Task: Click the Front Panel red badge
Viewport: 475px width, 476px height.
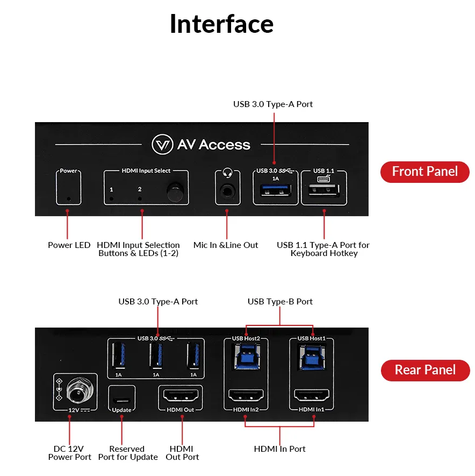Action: click(424, 172)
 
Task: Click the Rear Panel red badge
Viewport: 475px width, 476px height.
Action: click(425, 370)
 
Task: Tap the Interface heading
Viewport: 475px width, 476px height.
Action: click(221, 24)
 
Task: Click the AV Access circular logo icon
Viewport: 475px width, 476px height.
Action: click(162, 144)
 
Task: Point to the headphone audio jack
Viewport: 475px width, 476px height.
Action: click(227, 190)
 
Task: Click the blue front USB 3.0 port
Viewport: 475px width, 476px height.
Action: click(275, 191)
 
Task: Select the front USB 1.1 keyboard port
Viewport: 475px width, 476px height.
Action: click(323, 191)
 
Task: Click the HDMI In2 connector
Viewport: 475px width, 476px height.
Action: click(246, 396)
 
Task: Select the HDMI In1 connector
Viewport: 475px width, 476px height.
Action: click(312, 396)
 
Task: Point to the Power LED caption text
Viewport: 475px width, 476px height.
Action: click(69, 245)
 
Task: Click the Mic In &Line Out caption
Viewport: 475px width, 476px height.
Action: click(226, 245)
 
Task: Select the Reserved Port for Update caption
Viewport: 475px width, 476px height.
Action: click(127, 453)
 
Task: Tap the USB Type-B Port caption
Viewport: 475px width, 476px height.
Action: click(279, 302)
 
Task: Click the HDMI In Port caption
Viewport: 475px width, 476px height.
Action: click(279, 449)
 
